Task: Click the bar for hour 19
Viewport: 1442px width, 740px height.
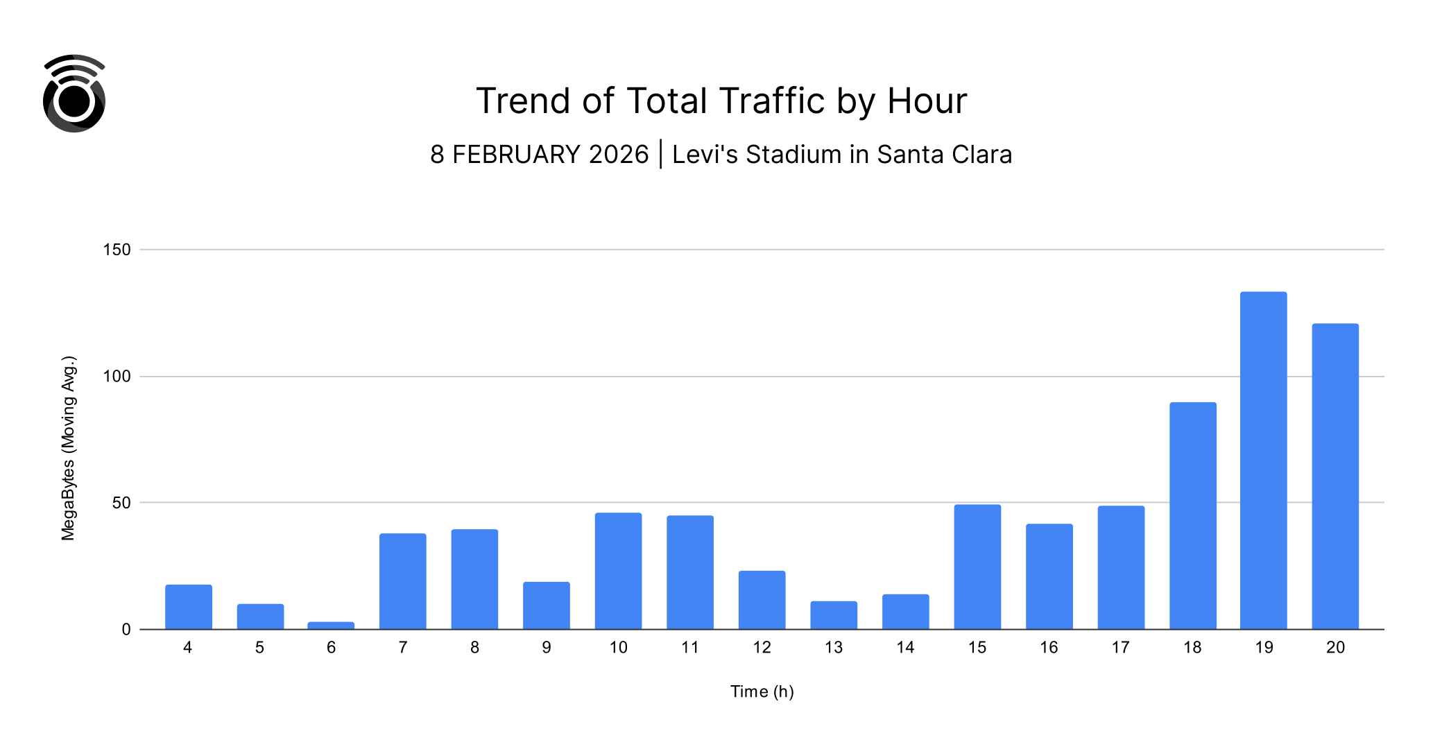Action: pos(1263,461)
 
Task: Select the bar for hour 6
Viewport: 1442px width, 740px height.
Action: pos(331,626)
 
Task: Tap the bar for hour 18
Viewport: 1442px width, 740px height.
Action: pos(1192,516)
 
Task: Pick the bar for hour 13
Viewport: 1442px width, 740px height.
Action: pos(834,615)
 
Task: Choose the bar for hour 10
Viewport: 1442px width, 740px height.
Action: pos(618,571)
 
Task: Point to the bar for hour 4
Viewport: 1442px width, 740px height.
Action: pos(188,607)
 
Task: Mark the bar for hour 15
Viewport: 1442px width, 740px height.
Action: pos(977,567)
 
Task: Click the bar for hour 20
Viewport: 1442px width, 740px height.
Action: pos(1335,476)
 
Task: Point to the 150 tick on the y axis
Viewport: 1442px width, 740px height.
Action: pos(117,250)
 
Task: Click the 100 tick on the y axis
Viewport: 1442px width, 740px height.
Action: pos(117,377)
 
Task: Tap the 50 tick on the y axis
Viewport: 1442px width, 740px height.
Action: pos(121,503)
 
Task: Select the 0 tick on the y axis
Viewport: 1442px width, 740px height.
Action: pos(126,630)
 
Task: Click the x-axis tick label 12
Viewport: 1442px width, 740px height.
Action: pos(762,648)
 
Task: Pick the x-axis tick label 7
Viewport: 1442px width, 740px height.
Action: pos(403,648)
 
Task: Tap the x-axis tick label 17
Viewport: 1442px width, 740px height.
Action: pos(1120,648)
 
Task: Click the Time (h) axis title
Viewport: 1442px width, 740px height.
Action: pos(762,691)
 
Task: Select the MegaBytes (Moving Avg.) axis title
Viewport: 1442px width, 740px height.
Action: pos(68,448)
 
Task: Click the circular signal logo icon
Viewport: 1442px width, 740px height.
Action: pos(74,94)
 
